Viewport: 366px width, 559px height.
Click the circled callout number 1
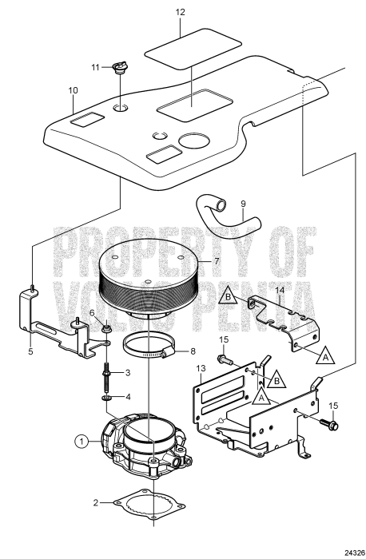pyautogui.click(x=81, y=440)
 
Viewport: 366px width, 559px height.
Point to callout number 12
pyautogui.click(x=180, y=13)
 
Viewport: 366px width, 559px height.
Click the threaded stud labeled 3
pyautogui.click(x=106, y=373)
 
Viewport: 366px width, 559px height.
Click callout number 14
pyautogui.click(x=279, y=289)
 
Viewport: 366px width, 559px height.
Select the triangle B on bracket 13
pyautogui.click(x=277, y=378)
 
